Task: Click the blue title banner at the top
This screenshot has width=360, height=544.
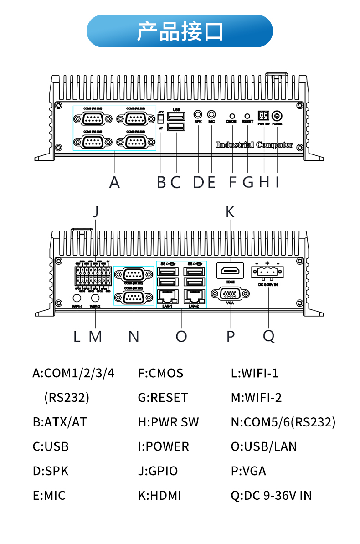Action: pos(180,31)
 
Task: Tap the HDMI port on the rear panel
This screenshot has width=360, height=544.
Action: pos(230,272)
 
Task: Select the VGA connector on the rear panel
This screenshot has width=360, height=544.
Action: pos(231,294)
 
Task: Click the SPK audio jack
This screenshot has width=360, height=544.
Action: pos(198,114)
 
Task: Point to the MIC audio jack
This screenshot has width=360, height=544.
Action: pos(211,114)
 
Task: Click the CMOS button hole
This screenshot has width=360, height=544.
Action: pos(232,117)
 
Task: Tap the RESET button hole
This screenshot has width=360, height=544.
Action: pos(247,117)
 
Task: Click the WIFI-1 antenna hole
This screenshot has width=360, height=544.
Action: pos(77,298)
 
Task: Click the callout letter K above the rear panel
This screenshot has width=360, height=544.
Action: pos(230,211)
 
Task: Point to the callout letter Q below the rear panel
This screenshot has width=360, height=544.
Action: pos(269,336)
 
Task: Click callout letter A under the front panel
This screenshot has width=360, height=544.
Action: pos(114,182)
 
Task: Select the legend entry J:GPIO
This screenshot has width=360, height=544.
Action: pos(158,471)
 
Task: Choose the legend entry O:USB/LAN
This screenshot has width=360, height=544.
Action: pos(264,446)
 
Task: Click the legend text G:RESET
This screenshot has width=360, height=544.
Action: pos(163,398)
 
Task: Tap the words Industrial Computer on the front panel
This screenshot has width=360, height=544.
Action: pos(254,145)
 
